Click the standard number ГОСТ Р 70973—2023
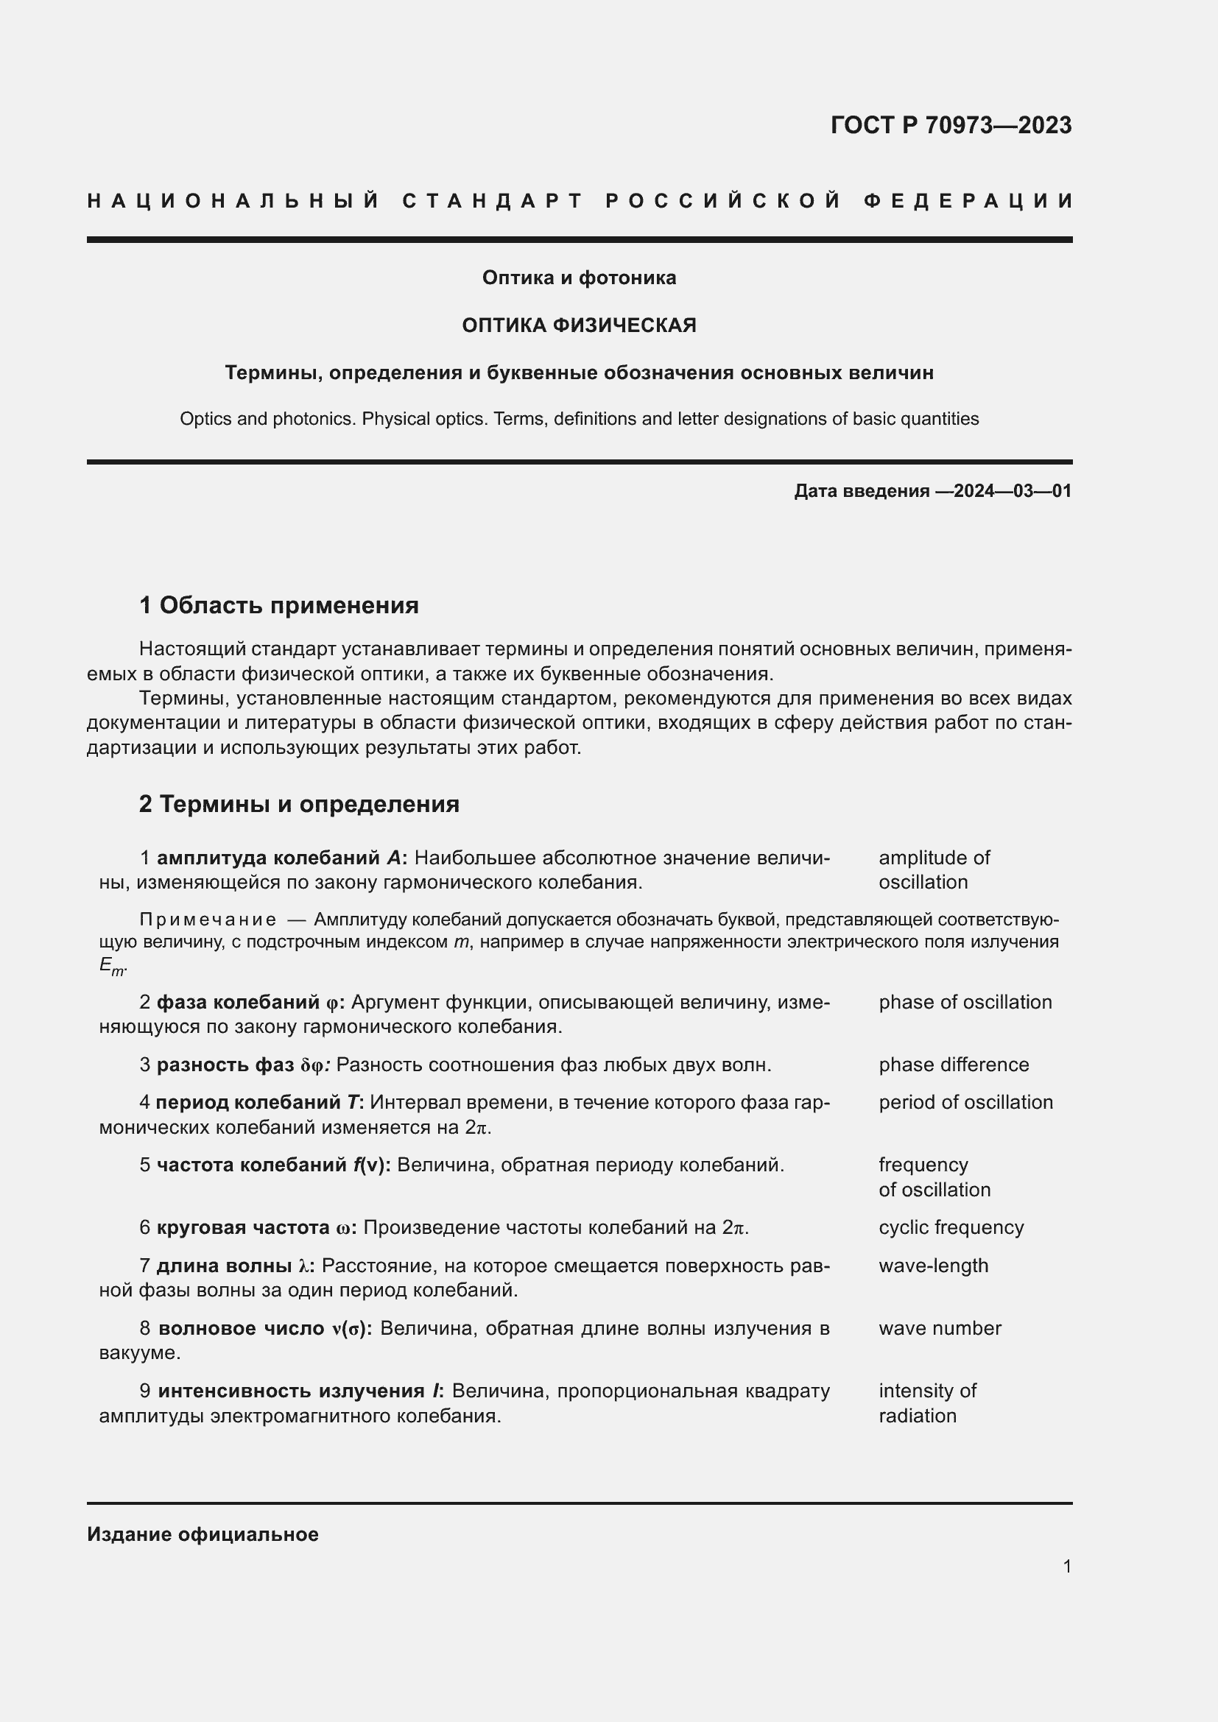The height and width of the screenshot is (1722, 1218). (950, 124)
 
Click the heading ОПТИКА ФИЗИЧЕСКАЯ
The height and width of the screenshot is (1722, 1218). (579, 325)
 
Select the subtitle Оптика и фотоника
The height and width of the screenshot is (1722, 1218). (579, 278)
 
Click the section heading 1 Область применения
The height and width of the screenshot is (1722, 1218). (279, 604)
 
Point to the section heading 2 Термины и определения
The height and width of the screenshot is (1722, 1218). (299, 804)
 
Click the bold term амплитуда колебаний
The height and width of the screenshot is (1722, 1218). (269, 857)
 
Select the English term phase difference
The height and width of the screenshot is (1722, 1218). (953, 1065)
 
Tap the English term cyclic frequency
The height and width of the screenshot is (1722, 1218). (950, 1227)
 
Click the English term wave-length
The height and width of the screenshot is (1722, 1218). (933, 1266)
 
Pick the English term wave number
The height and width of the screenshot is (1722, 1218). (939, 1327)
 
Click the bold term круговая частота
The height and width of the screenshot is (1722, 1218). (242, 1227)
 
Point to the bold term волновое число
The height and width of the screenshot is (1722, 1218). (242, 1327)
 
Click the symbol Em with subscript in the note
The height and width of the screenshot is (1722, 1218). (111, 966)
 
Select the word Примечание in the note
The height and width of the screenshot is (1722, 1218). (208, 920)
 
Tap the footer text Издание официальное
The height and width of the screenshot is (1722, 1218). (203, 1534)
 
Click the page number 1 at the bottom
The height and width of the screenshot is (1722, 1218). (1066, 1566)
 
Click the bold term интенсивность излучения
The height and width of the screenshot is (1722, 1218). (291, 1391)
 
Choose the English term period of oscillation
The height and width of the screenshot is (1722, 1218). (965, 1102)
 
